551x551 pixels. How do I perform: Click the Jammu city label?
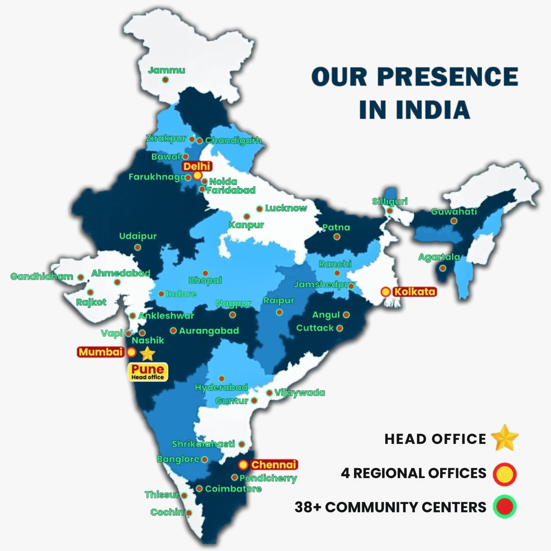pyautogui.click(x=166, y=71)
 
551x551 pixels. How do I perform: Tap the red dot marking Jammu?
pyautogui.click(x=165, y=80)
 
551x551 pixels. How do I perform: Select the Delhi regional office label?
pyautogui.click(x=197, y=166)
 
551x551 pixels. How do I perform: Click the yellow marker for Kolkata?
pyautogui.click(x=386, y=292)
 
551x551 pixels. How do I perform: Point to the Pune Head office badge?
pyautogui.click(x=148, y=372)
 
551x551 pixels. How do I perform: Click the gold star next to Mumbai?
pyautogui.click(x=148, y=353)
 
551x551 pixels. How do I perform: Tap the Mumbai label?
pyautogui.click(x=101, y=352)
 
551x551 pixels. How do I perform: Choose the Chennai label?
pyautogui.click(x=273, y=465)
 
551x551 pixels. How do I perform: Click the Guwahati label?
pyautogui.click(x=454, y=211)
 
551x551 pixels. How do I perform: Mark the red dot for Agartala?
pyautogui.click(x=443, y=268)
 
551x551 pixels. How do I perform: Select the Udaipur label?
pyautogui.click(x=138, y=236)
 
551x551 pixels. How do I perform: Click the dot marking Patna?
pyautogui.click(x=337, y=237)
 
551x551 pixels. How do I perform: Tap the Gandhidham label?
pyautogui.click(x=42, y=277)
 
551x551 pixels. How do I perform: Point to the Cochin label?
pyautogui.click(x=167, y=512)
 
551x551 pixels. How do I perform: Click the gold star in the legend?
pyautogui.click(x=505, y=438)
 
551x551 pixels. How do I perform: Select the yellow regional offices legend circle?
pyautogui.click(x=505, y=474)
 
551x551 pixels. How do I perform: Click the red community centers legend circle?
pyautogui.click(x=505, y=507)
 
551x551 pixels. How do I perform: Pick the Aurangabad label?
pyautogui.click(x=209, y=331)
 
